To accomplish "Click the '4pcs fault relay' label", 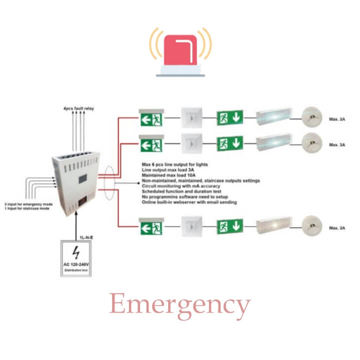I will [75, 108].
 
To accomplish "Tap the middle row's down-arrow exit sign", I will [230, 145].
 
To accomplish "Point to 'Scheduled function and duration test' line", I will [178, 191].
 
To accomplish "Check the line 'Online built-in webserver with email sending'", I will [189, 202].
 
